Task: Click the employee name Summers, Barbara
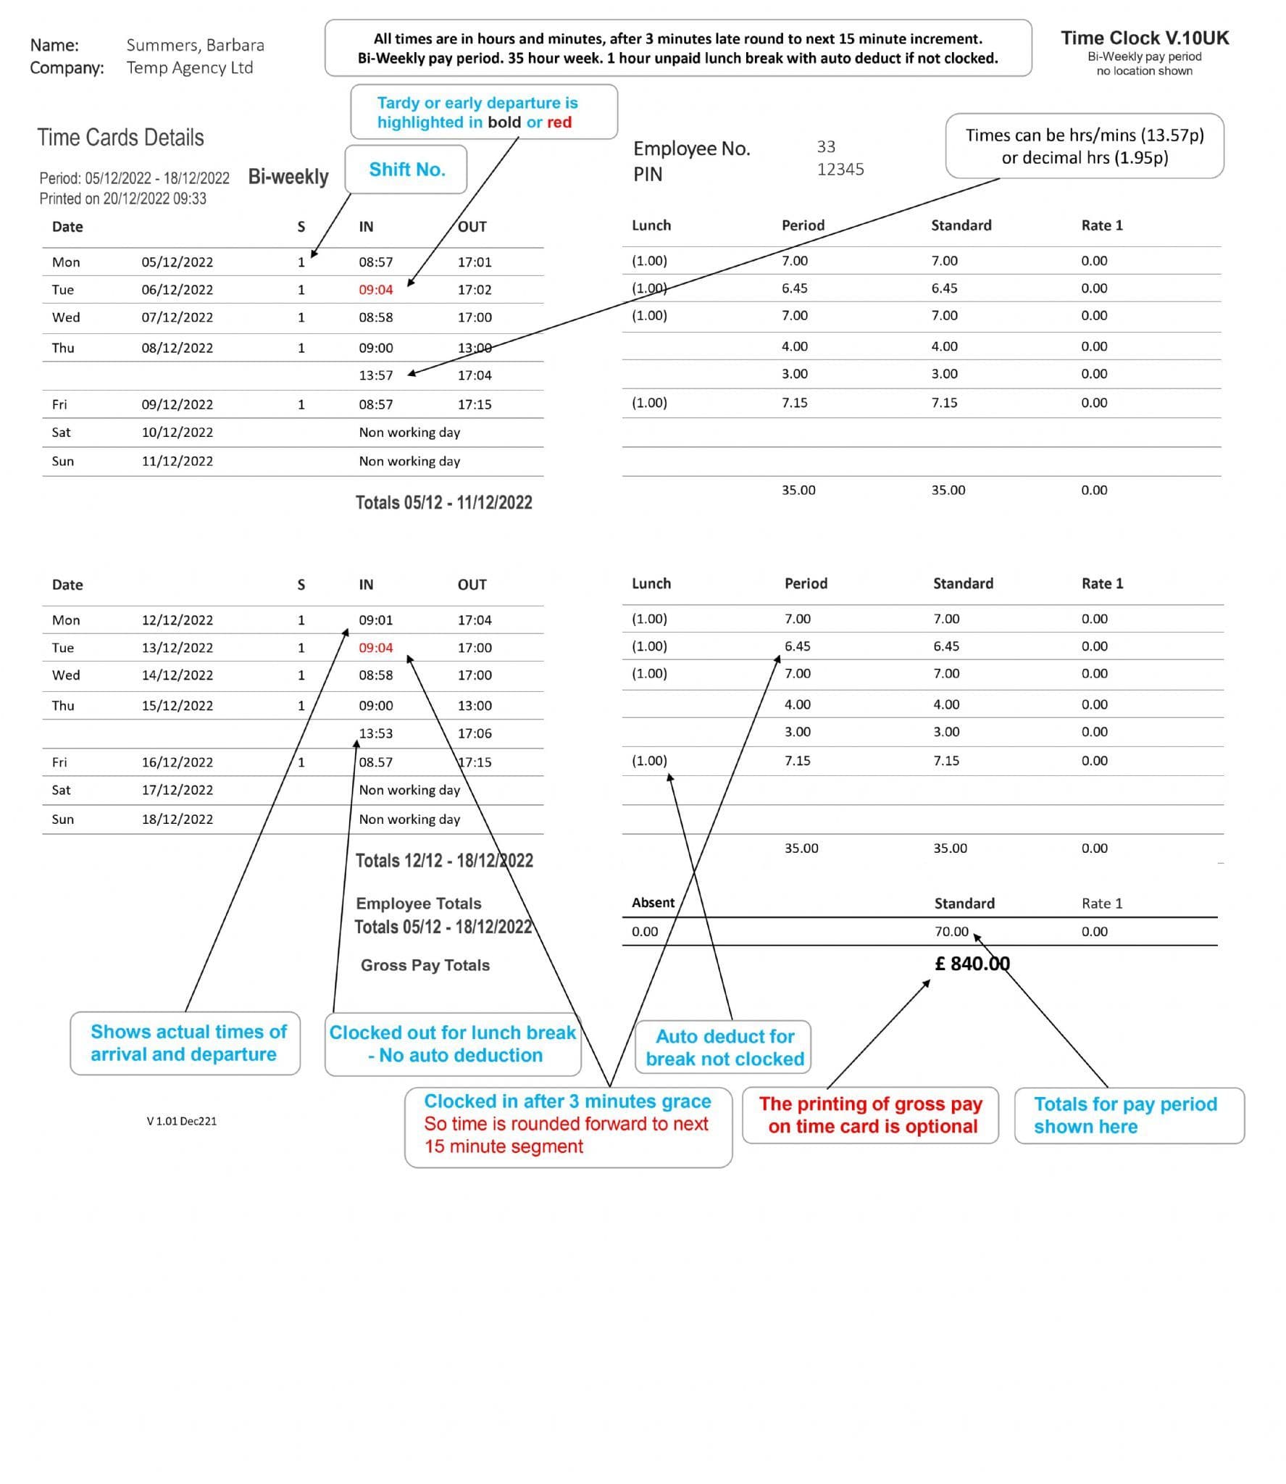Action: click(195, 45)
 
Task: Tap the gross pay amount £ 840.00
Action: click(972, 963)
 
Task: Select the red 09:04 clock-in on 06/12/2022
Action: click(375, 289)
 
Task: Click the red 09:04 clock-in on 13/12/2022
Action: click(375, 647)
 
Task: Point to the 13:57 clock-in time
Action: click(375, 375)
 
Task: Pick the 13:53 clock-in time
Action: click(375, 733)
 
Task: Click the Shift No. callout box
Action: click(406, 170)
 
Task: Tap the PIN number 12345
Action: click(840, 169)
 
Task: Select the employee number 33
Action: click(826, 146)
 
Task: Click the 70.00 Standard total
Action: click(951, 931)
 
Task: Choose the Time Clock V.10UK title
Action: click(1144, 38)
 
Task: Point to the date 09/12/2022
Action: click(177, 404)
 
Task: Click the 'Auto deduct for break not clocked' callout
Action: click(724, 1047)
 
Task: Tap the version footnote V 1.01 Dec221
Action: click(181, 1120)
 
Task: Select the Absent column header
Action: click(652, 902)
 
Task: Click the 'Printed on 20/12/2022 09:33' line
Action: click(122, 199)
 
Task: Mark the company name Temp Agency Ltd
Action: click(189, 67)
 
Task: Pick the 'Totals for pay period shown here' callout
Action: click(1128, 1114)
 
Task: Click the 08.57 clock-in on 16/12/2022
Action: click(375, 762)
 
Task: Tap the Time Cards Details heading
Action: click(120, 137)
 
